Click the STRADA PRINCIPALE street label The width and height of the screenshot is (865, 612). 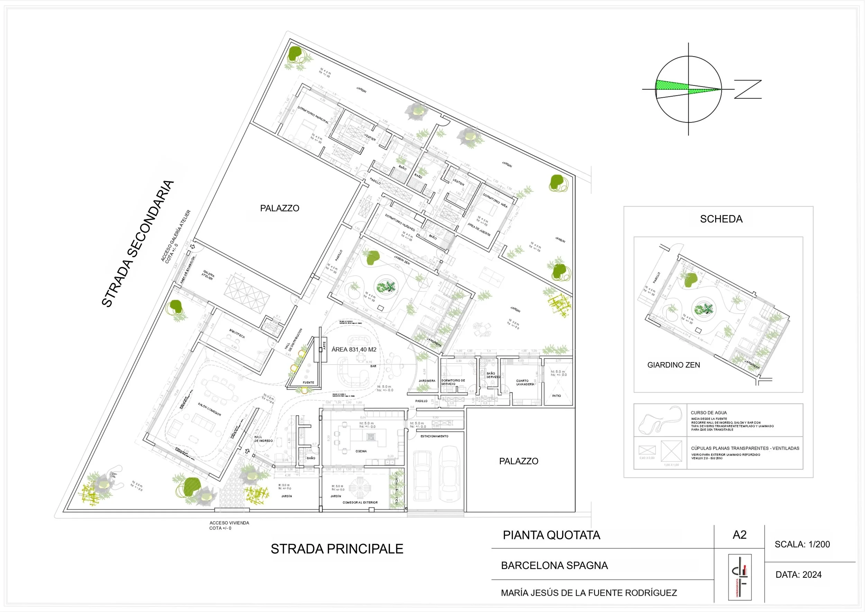click(337, 549)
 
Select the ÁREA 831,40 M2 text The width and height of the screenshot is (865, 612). click(354, 349)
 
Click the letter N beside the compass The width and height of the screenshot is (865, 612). click(748, 89)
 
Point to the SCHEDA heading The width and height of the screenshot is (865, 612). click(721, 219)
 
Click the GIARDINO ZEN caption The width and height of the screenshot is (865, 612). click(674, 365)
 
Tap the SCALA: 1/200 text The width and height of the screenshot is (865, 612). click(802, 544)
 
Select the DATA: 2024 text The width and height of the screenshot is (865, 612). click(798, 575)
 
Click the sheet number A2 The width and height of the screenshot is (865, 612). click(739, 535)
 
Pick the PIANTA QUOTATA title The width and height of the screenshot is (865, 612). click(552, 535)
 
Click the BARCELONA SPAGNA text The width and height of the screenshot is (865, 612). click(554, 565)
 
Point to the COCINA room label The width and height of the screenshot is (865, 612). click(361, 451)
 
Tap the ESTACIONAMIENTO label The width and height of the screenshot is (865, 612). click(434, 436)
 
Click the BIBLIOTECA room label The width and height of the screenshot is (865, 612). click(237, 333)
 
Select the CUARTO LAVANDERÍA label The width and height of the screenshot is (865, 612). click(525, 382)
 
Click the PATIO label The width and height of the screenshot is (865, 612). click(556, 396)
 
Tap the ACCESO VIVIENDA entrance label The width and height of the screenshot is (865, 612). click(229, 523)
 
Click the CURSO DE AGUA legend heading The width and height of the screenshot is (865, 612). click(709, 413)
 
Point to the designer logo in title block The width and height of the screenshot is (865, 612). click(739, 577)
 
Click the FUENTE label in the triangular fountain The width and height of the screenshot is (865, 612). click(308, 382)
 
